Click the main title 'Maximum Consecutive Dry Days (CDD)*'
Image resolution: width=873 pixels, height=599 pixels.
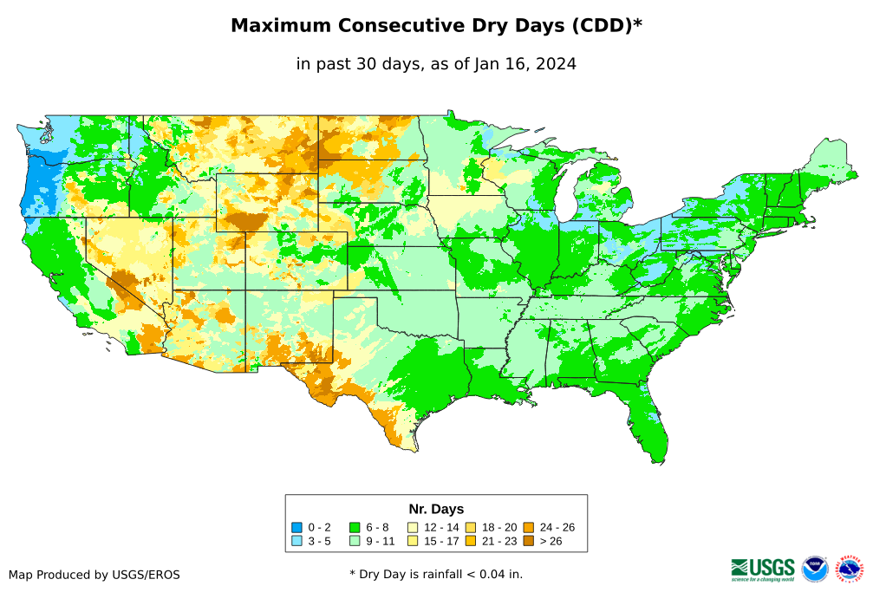436,26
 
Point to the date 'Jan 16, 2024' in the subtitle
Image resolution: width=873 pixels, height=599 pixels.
524,63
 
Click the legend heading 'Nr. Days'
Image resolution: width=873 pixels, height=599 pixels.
436,509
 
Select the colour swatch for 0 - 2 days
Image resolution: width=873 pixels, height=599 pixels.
296,527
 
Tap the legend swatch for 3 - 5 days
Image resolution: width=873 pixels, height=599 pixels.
296,542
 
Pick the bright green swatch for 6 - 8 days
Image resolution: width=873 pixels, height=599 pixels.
355,527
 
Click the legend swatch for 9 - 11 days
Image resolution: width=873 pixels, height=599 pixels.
355,542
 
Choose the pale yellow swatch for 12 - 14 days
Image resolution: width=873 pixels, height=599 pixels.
413,527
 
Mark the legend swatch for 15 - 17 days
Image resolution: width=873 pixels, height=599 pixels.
413,542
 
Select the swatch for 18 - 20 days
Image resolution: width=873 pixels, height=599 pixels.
471,527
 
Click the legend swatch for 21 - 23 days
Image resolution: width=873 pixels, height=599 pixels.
471,542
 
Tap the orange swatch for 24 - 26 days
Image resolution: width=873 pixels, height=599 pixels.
528,527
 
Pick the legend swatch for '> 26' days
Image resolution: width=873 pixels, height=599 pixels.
528,542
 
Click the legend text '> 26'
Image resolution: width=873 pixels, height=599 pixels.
552,542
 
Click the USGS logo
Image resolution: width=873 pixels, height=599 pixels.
763,569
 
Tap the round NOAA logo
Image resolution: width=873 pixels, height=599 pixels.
815,569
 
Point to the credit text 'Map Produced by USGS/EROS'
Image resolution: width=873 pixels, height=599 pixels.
94,575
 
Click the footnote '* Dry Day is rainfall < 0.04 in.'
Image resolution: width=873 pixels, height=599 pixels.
436,574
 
